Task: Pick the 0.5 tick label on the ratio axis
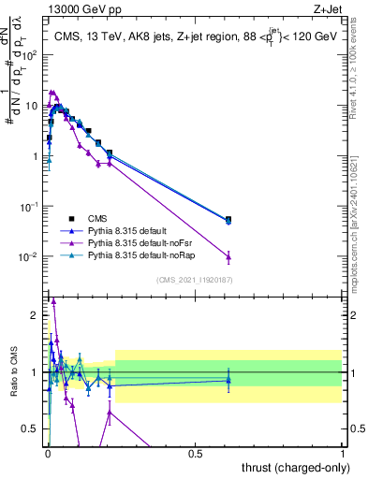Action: tap(31, 429)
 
